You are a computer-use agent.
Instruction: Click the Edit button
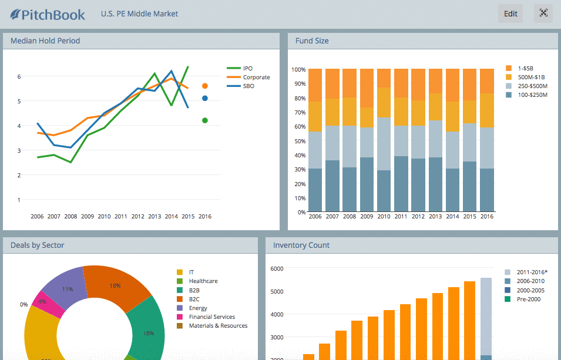point(510,14)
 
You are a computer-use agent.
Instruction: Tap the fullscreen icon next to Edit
point(543,14)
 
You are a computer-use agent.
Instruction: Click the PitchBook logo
point(48,14)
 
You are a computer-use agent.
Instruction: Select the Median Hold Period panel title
point(45,41)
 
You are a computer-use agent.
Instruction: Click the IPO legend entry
point(247,69)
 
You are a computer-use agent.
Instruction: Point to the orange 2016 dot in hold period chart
point(205,86)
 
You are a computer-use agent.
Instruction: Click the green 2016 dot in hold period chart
point(205,120)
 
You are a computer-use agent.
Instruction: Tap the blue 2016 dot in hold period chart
point(205,99)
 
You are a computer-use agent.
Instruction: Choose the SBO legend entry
point(248,86)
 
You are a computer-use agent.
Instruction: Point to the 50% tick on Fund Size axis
point(298,140)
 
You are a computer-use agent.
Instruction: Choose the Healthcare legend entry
point(203,281)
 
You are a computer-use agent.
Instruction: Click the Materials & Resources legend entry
point(217,326)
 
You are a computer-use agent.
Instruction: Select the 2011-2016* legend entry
point(532,272)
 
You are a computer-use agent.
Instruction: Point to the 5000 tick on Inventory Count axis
point(276,291)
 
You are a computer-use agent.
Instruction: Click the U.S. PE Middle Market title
point(139,14)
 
